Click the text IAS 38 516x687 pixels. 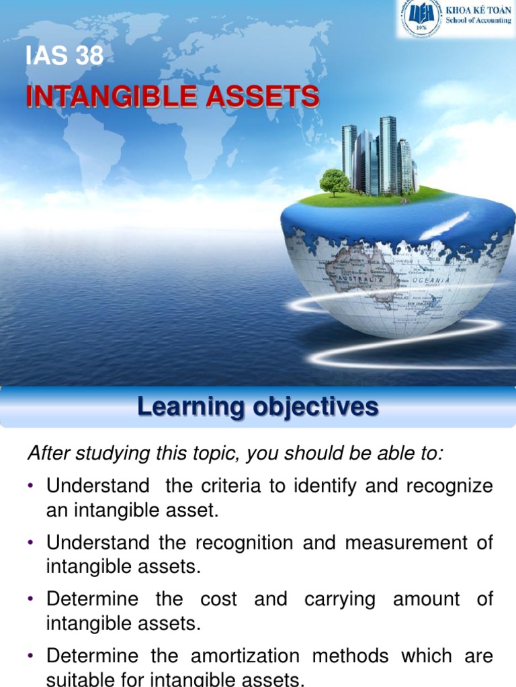coord(64,56)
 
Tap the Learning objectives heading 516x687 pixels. coord(258,407)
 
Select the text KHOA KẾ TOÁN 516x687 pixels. coord(478,10)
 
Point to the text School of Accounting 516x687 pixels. coord(478,21)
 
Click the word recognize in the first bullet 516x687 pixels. coord(449,486)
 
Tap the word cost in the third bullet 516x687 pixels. coord(218,598)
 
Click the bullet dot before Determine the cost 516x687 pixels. coord(32,599)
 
